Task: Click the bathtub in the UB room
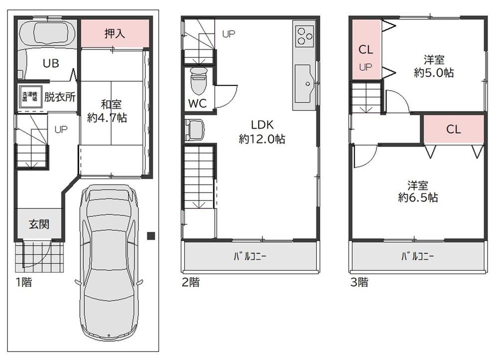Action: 47,33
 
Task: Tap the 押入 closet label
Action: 115,33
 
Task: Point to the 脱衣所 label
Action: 60,97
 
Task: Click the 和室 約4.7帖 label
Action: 108,111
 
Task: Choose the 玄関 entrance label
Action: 39,224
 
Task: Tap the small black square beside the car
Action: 151,236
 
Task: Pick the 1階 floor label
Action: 24,282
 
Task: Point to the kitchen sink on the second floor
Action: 303,84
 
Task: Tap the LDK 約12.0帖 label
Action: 262,132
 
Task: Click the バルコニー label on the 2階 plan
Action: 250,256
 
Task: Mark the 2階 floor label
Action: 190,282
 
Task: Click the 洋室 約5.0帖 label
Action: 434,66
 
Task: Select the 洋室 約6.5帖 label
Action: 418,191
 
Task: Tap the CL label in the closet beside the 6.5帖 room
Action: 454,129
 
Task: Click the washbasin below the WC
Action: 195,130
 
